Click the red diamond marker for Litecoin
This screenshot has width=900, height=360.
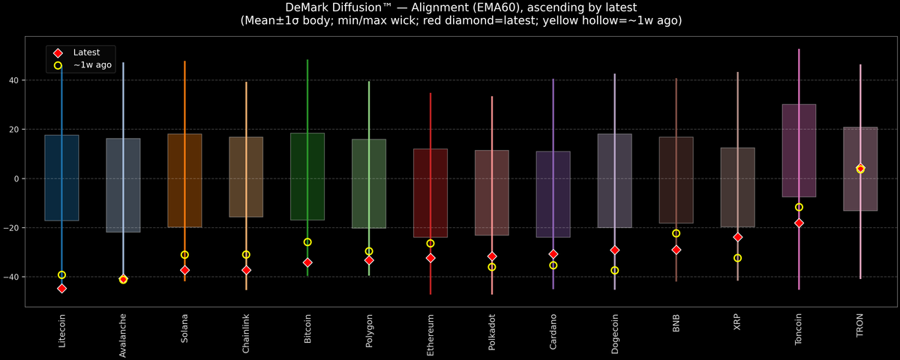(x=61, y=289)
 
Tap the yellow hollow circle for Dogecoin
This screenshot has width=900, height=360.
(x=615, y=271)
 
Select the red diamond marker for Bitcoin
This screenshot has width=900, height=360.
(x=307, y=262)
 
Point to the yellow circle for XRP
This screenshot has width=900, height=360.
(x=738, y=258)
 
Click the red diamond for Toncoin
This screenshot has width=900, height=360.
(x=799, y=223)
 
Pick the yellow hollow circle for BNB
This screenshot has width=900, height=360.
(x=676, y=233)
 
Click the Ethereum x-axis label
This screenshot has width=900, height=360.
(x=430, y=334)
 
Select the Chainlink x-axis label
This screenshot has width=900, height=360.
(x=246, y=334)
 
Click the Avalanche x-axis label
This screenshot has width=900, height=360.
(x=123, y=336)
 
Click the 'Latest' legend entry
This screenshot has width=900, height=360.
(x=86, y=52)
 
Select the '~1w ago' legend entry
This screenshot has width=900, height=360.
(x=92, y=65)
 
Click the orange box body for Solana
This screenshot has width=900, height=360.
(x=184, y=180)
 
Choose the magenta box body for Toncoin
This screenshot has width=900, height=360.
(x=799, y=150)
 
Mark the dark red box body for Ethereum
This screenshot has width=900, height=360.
(x=430, y=193)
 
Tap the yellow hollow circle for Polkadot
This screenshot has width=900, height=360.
(x=492, y=267)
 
